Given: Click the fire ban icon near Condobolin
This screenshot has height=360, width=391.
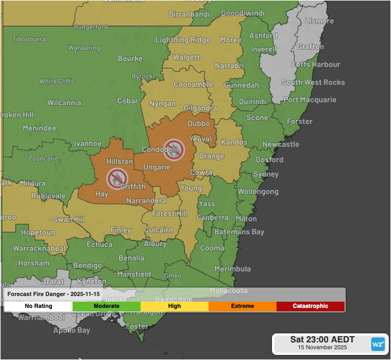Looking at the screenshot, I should point(173,149).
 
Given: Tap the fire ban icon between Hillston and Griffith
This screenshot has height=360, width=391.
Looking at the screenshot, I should point(116,178).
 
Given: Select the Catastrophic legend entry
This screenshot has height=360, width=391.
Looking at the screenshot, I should point(310,306).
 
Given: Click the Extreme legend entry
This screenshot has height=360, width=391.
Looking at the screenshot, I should point(242,306).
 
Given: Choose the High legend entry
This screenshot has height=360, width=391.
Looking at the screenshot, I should point(175,306).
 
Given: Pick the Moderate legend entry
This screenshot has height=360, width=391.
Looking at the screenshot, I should point(106,306).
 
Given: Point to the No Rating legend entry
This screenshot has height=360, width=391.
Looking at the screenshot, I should point(39,306).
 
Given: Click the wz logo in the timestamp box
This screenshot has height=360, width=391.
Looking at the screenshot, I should point(377,344).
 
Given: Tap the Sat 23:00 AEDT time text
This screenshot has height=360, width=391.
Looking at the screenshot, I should point(322,340).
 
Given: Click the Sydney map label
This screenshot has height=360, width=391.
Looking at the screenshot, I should point(266,174).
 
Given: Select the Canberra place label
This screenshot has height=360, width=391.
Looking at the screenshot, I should point(212,218).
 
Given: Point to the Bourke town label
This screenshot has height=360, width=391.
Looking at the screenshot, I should point(130,58).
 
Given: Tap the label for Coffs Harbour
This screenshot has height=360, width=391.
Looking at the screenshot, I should point(316,65).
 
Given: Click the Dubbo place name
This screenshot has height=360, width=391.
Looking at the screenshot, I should point(198,123).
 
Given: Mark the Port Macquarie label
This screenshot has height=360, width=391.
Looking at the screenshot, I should point(309,100).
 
